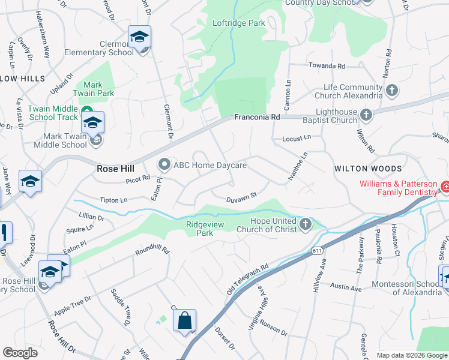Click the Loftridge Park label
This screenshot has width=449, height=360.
click(x=238, y=23)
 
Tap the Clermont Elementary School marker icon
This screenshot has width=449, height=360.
click(x=139, y=38)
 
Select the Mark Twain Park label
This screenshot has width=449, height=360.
click(x=98, y=89)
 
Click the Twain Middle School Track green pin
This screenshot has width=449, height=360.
click(x=86, y=112)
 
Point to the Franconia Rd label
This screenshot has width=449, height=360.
click(x=257, y=118)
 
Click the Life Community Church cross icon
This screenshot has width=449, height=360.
click(x=392, y=91)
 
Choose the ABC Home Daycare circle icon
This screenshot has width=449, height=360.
click(x=164, y=164)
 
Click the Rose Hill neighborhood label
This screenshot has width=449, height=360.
click(x=115, y=169)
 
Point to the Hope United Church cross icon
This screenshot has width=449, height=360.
click(x=306, y=224)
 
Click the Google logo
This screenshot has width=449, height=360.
click(x=20, y=353)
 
